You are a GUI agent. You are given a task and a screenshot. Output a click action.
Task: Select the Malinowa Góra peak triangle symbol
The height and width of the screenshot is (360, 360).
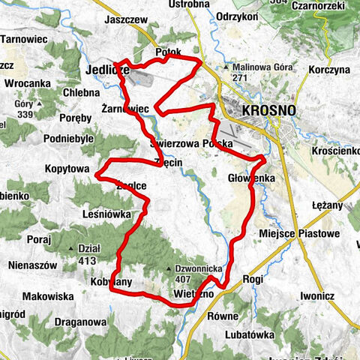[226, 66]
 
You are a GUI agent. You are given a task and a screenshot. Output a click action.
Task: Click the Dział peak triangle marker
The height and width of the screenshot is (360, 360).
[73, 248]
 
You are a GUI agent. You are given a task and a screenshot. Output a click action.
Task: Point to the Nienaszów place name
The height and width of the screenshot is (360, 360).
[30, 264]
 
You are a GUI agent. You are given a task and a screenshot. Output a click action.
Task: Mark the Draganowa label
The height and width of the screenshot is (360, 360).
[82, 321]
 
